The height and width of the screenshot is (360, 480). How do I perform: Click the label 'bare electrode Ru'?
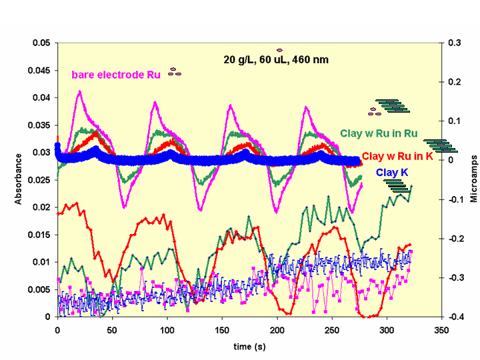(116, 75)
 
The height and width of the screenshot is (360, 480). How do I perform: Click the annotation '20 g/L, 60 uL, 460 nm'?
(276, 59)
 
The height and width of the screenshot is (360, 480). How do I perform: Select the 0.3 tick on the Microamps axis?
(455, 43)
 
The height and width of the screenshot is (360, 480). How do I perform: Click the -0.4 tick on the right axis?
(455, 317)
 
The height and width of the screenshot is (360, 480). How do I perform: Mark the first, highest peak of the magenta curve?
(80, 91)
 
